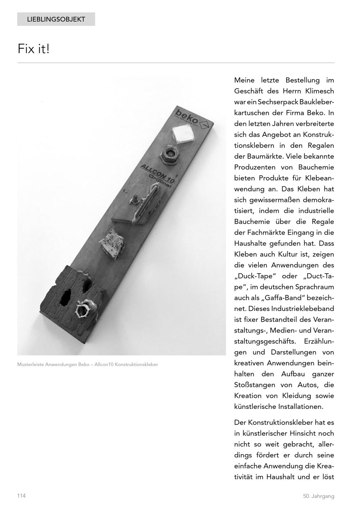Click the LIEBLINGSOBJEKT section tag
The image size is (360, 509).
56,19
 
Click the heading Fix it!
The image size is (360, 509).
33,49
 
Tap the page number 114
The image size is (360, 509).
21,496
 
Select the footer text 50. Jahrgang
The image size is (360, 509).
318,496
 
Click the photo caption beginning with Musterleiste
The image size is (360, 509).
87,364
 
